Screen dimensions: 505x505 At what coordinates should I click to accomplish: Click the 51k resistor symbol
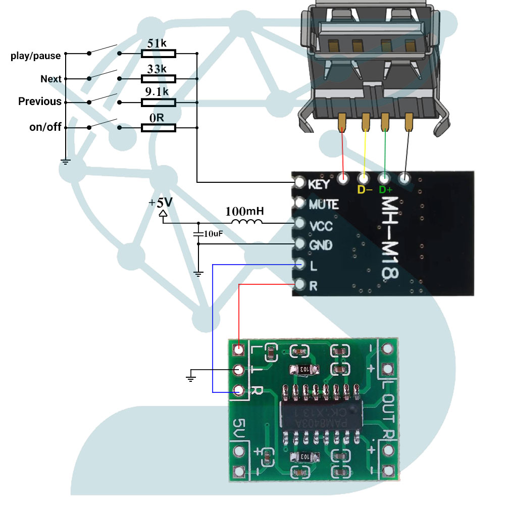(159, 53)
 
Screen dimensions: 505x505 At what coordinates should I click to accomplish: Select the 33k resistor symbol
(159, 78)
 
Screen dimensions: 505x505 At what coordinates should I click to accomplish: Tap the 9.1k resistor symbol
(159, 103)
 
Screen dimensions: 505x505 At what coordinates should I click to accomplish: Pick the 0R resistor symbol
(159, 128)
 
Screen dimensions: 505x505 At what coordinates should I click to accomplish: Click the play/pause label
(35, 56)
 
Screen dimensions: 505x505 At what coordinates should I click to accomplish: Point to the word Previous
(39, 102)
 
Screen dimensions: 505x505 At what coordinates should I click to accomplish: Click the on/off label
(45, 127)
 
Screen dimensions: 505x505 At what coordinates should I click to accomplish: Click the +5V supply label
(161, 203)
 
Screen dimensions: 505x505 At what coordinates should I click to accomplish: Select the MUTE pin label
(323, 205)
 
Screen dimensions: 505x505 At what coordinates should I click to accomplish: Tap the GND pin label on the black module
(321, 245)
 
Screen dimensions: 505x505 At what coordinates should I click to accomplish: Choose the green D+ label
(386, 190)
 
